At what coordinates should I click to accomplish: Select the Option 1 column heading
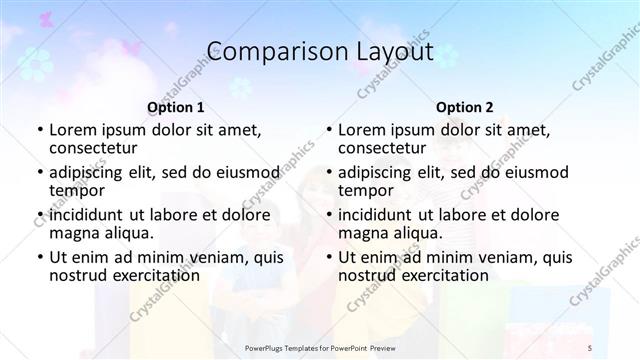(175, 106)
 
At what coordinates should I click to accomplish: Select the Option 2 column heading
(464, 106)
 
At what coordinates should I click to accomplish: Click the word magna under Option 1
(74, 233)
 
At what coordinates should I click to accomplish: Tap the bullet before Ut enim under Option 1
(40, 256)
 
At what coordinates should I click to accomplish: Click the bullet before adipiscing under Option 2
(329, 172)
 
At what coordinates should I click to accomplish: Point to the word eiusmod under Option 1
(243, 172)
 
